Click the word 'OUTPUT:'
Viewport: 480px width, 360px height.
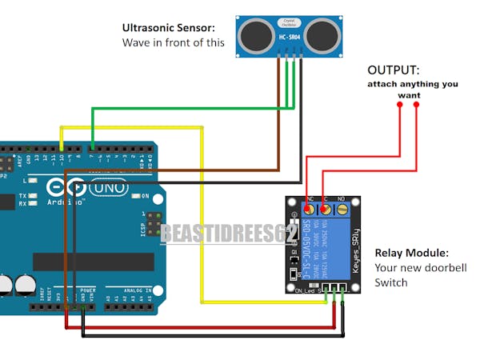[394, 70]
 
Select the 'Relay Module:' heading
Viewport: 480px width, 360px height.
[411, 253]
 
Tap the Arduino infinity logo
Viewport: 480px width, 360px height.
[66, 189]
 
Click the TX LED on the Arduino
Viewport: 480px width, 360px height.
[34, 196]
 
